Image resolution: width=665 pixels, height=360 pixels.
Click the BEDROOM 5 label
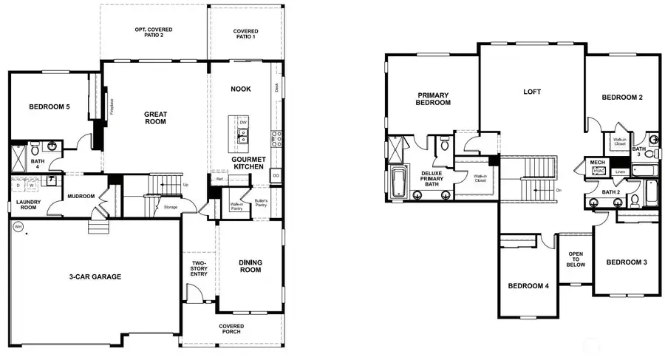50,107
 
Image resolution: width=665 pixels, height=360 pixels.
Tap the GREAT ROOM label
155,118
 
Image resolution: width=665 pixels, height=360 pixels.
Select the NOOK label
241,89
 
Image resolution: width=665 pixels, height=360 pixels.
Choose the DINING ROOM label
250,267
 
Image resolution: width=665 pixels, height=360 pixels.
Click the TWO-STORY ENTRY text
198,269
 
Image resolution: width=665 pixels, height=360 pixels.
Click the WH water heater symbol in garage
16,228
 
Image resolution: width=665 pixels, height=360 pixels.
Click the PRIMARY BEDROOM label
433,99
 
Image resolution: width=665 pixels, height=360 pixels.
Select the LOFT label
532,92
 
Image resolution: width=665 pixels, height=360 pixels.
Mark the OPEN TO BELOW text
576,258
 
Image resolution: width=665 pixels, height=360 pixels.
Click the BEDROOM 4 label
528,286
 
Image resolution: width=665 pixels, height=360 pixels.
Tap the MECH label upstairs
596,163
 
